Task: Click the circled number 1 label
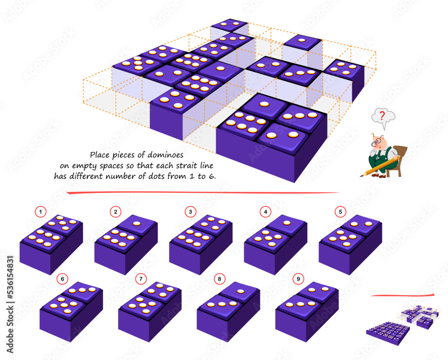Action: click(41, 211)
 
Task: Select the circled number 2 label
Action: click(115, 211)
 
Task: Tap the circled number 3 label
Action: click(190, 211)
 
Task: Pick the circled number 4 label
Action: click(266, 211)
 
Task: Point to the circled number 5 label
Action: click(340, 211)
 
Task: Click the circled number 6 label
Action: click(62, 278)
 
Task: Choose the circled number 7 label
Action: click(141, 278)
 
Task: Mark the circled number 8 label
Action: click(219, 278)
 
